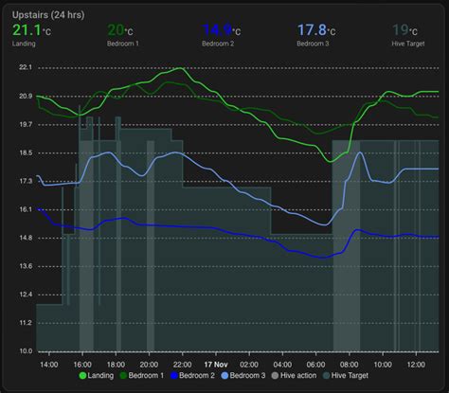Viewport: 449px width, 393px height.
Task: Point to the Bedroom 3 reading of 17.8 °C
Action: point(317,31)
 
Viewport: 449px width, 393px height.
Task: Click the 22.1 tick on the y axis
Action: point(26,67)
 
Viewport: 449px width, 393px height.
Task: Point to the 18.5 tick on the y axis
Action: point(26,152)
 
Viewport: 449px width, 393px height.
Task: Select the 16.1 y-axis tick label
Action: point(26,209)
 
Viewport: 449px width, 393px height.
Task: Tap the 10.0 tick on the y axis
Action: point(26,351)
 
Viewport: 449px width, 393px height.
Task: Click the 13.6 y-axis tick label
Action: point(26,266)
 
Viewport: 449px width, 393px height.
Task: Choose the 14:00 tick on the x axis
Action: point(49,364)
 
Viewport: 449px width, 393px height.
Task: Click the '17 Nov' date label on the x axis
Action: point(217,364)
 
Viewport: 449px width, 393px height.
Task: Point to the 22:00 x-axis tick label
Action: point(183,364)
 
